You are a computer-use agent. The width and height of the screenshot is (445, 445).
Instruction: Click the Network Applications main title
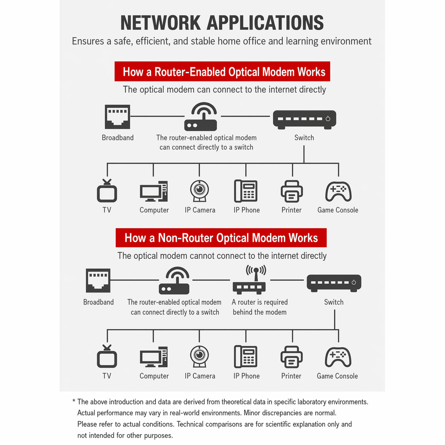[222, 23]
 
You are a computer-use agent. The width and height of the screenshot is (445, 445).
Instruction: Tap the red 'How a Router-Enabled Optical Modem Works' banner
[222, 71]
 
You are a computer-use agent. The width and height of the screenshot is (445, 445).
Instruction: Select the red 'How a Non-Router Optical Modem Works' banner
[221, 238]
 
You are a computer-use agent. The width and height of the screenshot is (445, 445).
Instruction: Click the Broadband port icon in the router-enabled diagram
[117, 117]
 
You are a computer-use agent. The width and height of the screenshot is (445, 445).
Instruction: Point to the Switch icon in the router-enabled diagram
[305, 120]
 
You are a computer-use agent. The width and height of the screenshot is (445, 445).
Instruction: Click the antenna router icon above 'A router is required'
[249, 280]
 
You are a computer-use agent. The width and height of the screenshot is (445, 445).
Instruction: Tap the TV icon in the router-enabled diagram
[107, 191]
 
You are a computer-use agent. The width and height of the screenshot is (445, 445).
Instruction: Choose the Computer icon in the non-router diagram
[154, 357]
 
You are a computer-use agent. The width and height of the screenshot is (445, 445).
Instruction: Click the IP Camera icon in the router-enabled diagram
[199, 191]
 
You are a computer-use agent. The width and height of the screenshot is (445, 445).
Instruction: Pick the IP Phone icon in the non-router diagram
[246, 357]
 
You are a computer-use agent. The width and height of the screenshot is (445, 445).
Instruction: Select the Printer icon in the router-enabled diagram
[292, 191]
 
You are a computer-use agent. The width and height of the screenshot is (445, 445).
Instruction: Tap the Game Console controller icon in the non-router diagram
[338, 357]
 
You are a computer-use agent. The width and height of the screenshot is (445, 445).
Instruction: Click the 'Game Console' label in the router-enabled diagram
[338, 210]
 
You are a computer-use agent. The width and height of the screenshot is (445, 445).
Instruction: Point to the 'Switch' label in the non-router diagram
[334, 302]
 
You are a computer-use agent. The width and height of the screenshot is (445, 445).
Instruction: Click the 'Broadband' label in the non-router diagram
[98, 302]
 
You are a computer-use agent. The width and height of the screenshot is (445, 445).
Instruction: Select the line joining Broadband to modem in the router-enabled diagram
[158, 116]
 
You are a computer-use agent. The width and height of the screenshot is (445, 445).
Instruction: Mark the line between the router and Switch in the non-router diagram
[287, 280]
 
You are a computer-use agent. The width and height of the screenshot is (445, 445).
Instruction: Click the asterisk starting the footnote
[74, 401]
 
